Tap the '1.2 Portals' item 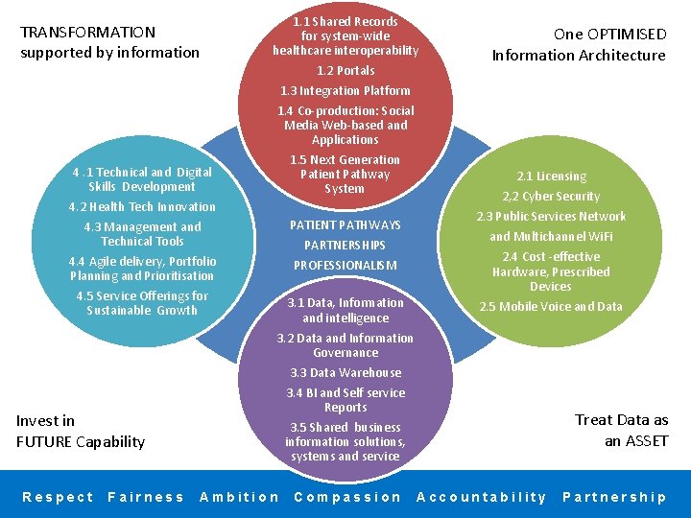345,71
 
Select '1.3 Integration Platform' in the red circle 345,91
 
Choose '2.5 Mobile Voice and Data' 551,307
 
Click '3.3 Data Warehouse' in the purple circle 345,373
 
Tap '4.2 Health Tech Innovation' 142,207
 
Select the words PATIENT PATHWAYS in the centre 345,225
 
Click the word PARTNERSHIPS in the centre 345,246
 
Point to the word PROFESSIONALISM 345,266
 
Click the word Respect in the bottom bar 58,497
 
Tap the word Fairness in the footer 146,497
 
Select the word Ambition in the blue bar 239,497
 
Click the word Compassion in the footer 347,497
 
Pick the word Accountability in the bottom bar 482,497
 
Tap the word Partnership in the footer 614,497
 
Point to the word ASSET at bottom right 646,441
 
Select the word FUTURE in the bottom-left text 43,442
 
